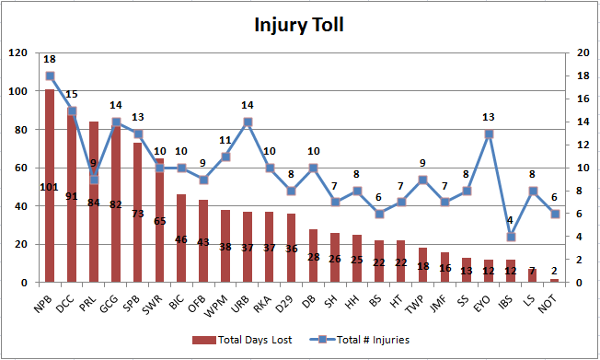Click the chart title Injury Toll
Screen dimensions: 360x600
click(299, 25)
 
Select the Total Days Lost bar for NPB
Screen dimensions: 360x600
click(50, 184)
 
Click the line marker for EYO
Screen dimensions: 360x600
click(489, 134)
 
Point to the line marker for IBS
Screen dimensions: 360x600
click(511, 237)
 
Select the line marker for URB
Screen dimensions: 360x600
click(248, 122)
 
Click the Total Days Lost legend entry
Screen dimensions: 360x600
click(248, 340)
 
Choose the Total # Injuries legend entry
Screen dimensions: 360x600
click(363, 340)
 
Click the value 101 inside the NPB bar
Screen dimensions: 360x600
click(50, 188)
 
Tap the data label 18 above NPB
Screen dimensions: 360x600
click(50, 59)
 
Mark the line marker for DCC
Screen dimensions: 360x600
click(72, 110)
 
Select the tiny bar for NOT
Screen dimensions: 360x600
click(554, 280)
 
